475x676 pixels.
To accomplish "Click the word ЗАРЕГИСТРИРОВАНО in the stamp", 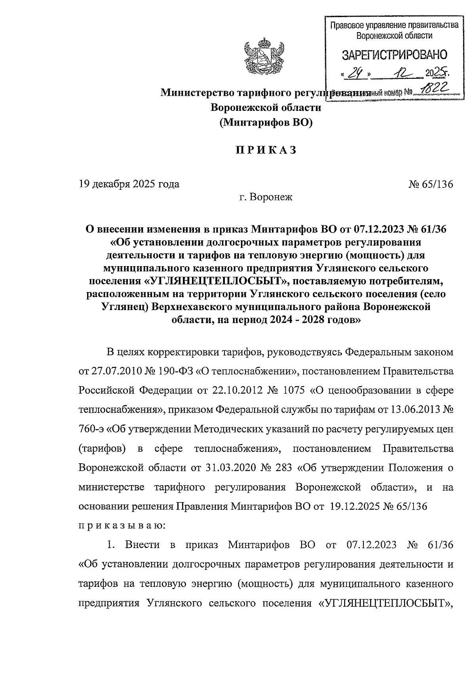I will (x=394, y=55).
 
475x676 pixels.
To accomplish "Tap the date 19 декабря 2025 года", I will (x=129, y=184).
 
